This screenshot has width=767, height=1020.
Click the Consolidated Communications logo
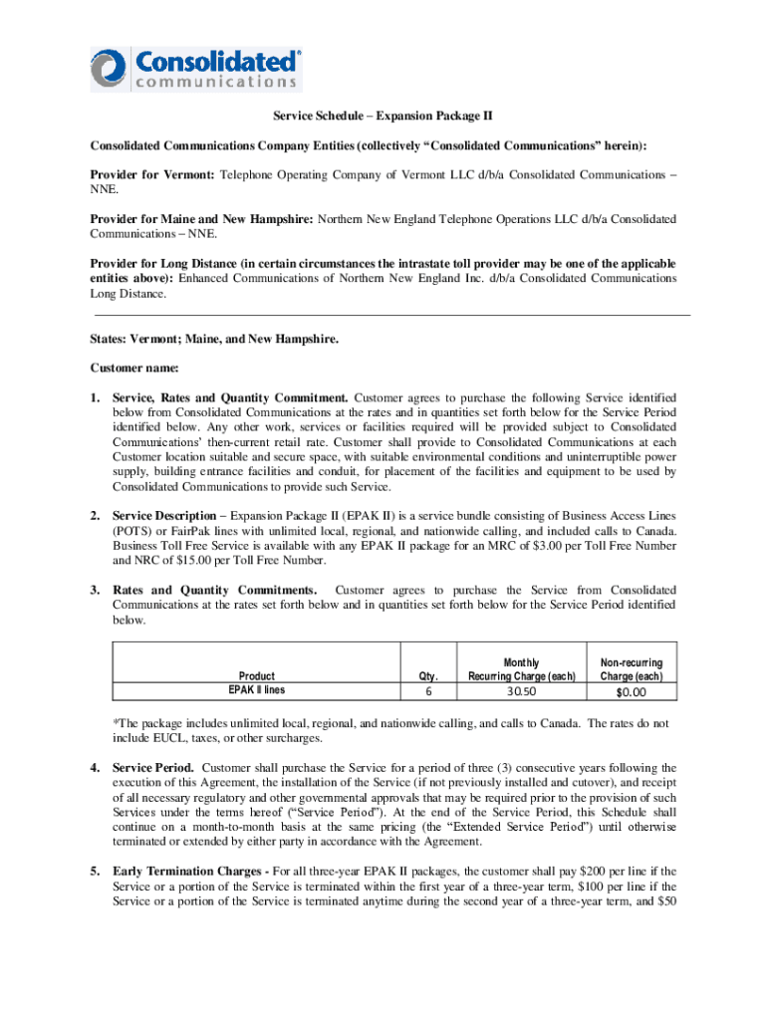[195, 68]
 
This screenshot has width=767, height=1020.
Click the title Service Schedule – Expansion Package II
[383, 118]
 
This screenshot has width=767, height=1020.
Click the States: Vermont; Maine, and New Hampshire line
[214, 339]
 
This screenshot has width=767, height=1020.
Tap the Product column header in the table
[256, 675]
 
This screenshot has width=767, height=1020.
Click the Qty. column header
[429, 675]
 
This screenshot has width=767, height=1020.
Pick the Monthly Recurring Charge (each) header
[521, 669]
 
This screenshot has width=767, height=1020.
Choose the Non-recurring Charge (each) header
[632, 669]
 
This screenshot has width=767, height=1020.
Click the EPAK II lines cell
[256, 689]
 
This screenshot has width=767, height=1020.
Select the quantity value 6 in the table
[428, 691]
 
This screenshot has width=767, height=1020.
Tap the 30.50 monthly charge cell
[521, 691]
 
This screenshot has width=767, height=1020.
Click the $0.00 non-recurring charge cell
[631, 691]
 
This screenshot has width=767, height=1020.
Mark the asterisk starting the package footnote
[116, 723]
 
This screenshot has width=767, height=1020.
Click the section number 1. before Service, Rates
[96, 397]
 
